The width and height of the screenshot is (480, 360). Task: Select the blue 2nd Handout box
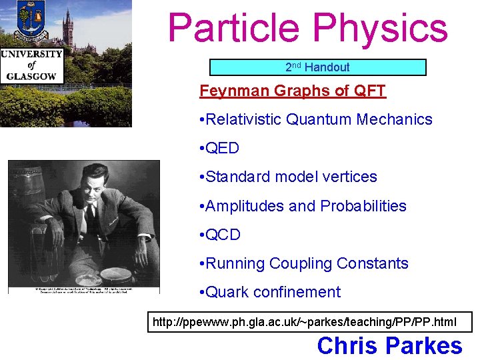pos(317,67)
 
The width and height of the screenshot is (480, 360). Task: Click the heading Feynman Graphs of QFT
pos(293,91)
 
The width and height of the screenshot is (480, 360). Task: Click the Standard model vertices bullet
pos(289,177)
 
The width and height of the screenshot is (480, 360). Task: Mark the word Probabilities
pos(363,206)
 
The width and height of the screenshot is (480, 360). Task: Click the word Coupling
pos(300,263)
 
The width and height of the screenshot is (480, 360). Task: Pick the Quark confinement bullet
pos(270,292)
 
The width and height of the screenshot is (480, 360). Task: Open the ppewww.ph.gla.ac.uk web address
pos(305,322)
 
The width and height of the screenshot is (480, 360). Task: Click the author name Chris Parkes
pos(389,346)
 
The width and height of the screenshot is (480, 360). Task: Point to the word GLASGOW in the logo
pos(31,75)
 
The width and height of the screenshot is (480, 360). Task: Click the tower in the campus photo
pos(68,27)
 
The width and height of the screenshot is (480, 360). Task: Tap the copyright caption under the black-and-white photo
pos(83,291)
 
